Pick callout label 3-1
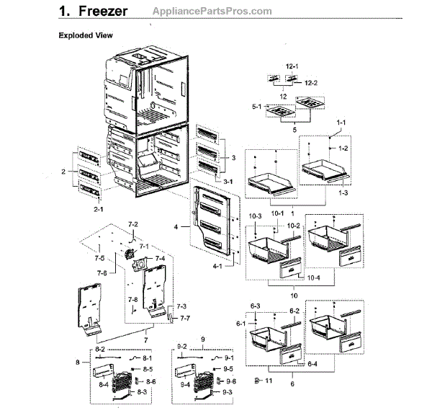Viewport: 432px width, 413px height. click(x=228, y=181)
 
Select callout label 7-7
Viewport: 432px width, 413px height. click(x=185, y=318)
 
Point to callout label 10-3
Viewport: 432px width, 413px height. click(x=256, y=216)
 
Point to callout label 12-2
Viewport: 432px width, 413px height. click(x=310, y=84)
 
